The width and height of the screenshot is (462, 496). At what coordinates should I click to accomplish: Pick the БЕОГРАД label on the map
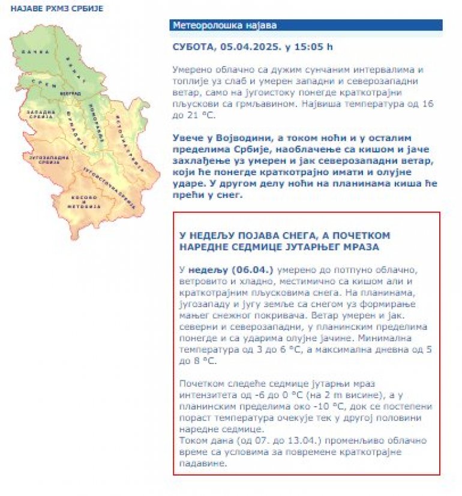coord(70,95)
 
